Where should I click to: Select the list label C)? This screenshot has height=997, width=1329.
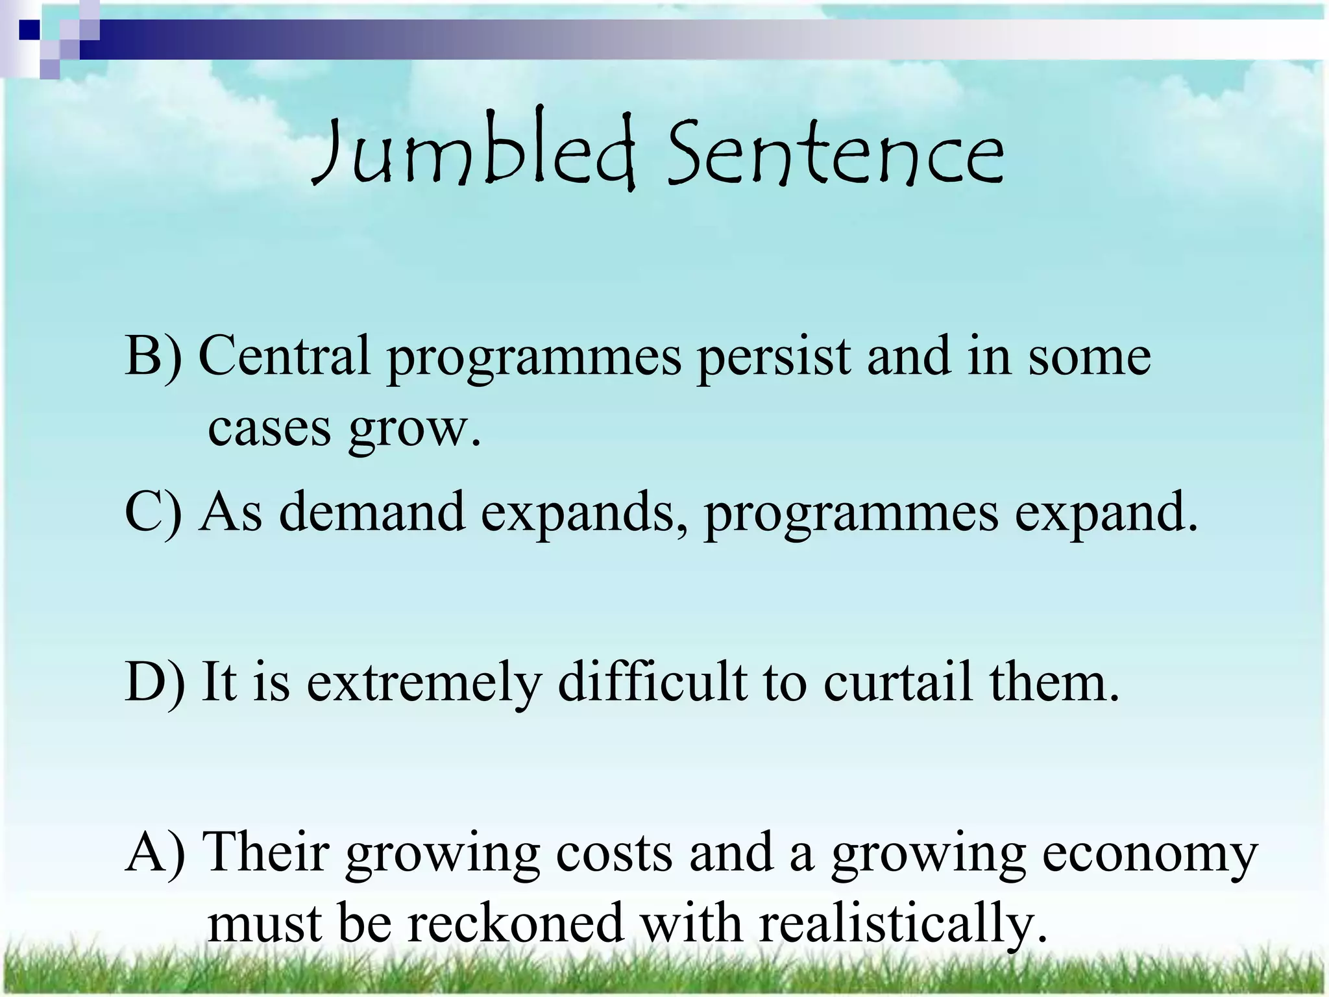coord(153,513)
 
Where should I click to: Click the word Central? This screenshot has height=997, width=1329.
coord(284,356)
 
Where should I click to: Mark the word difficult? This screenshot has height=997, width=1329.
coord(652,682)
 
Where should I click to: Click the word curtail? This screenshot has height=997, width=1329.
coord(898,682)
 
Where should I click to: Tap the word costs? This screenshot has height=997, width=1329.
coord(614,853)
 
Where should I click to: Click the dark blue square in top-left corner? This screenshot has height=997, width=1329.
coord(29,30)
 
